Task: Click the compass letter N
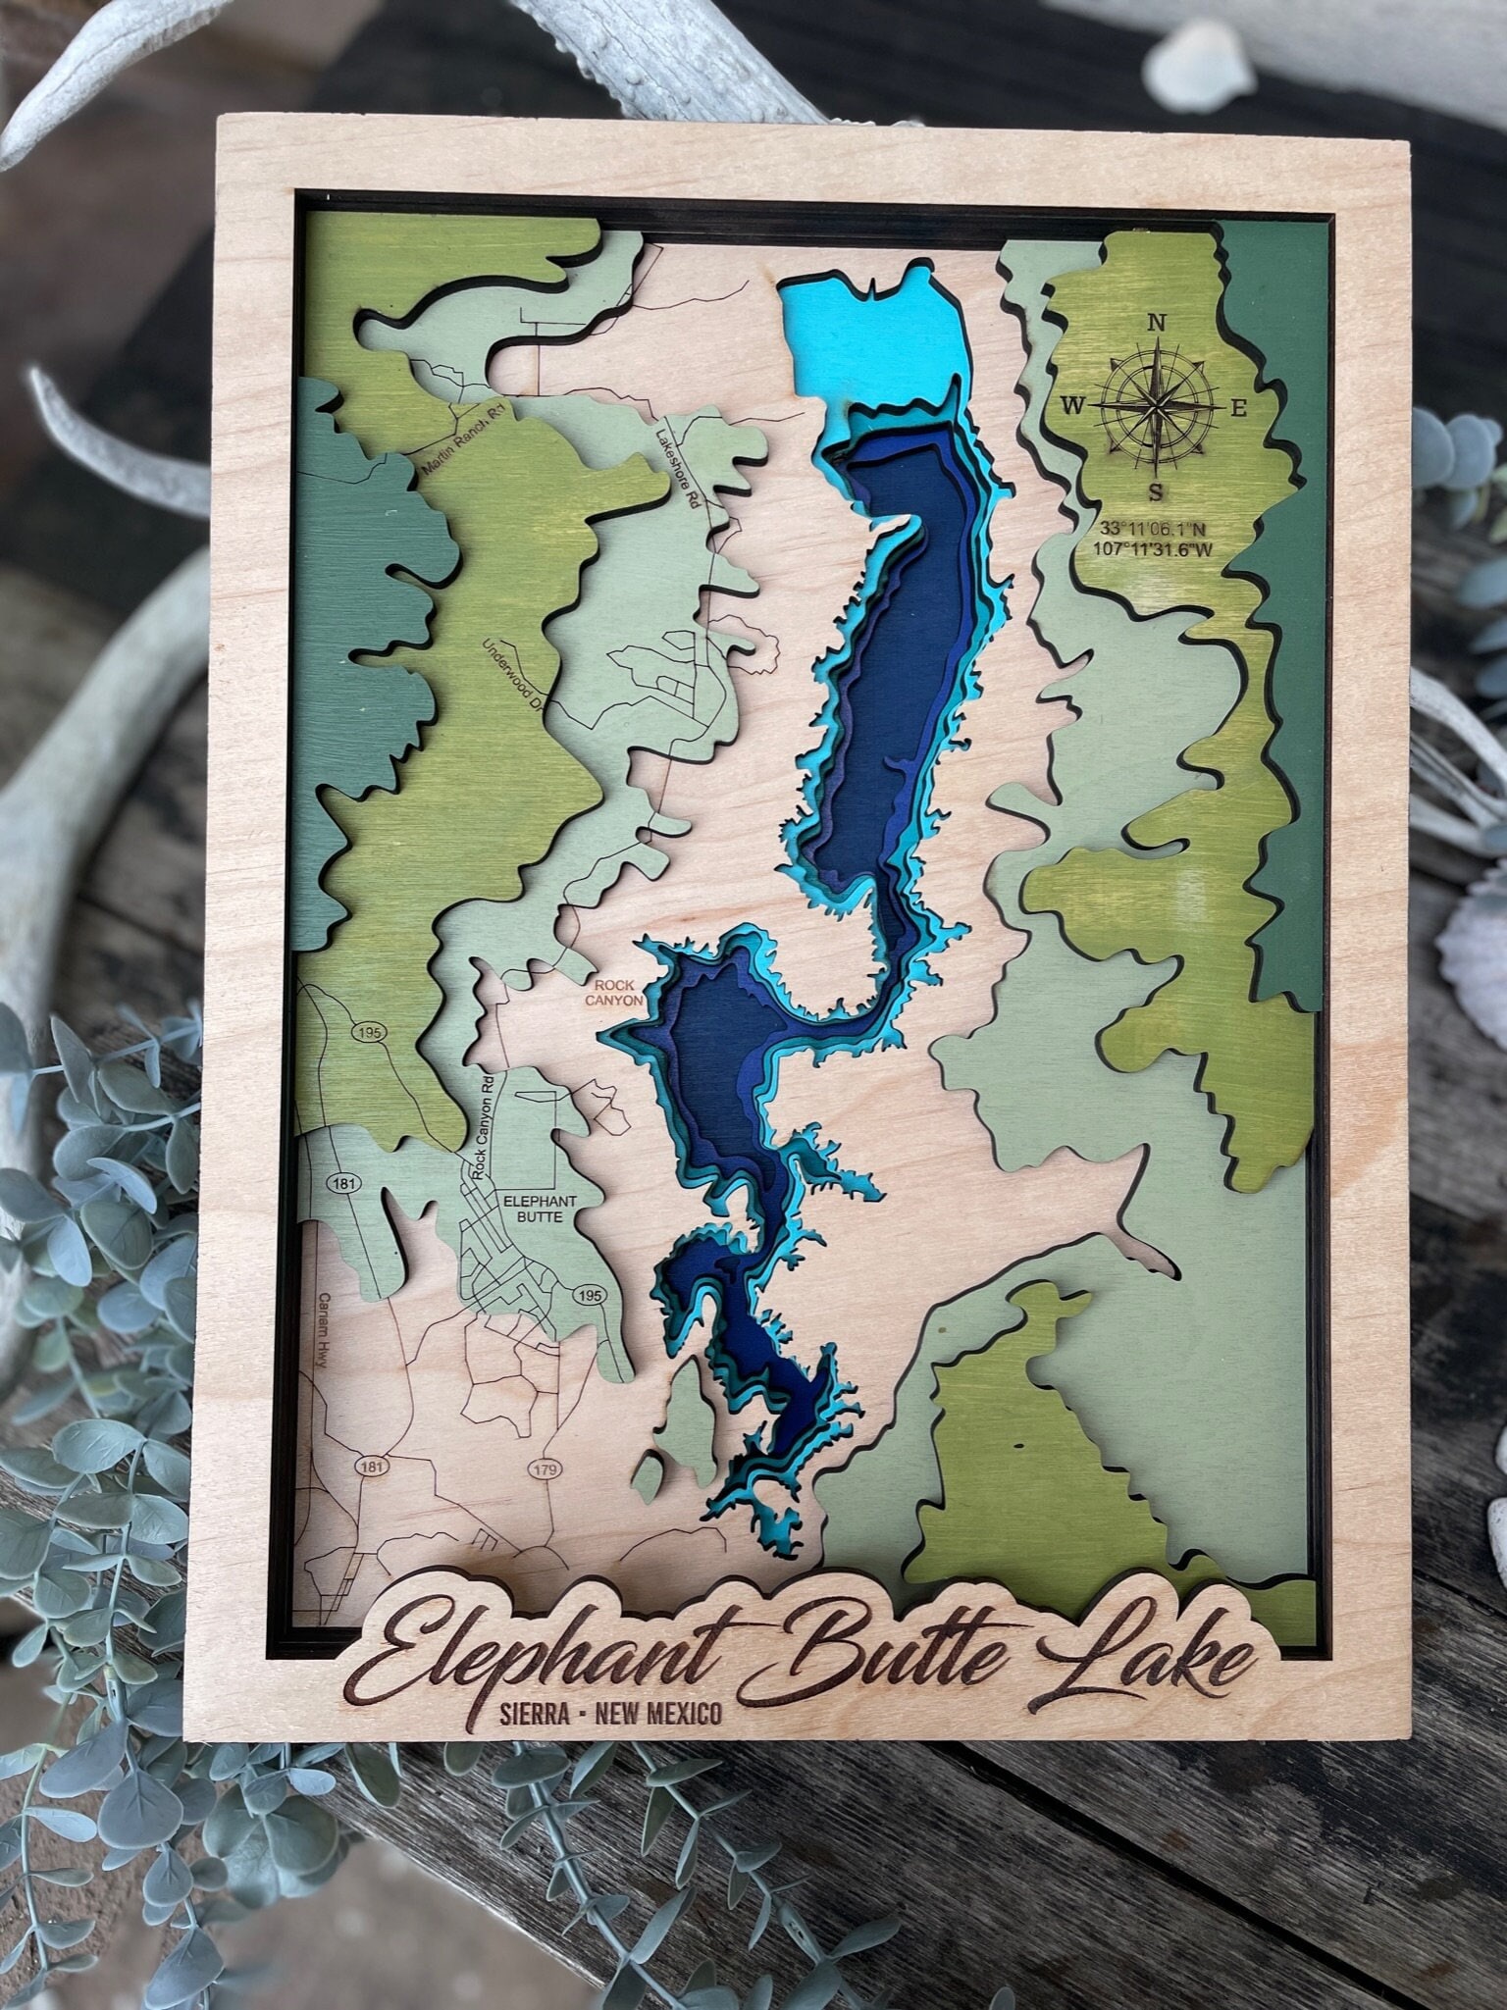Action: [1156, 323]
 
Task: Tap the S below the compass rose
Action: [1158, 491]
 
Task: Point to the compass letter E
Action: [1238, 409]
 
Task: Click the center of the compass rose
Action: [1158, 405]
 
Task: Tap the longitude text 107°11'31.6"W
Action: [1153, 549]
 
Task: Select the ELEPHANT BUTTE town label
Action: [531, 1209]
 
